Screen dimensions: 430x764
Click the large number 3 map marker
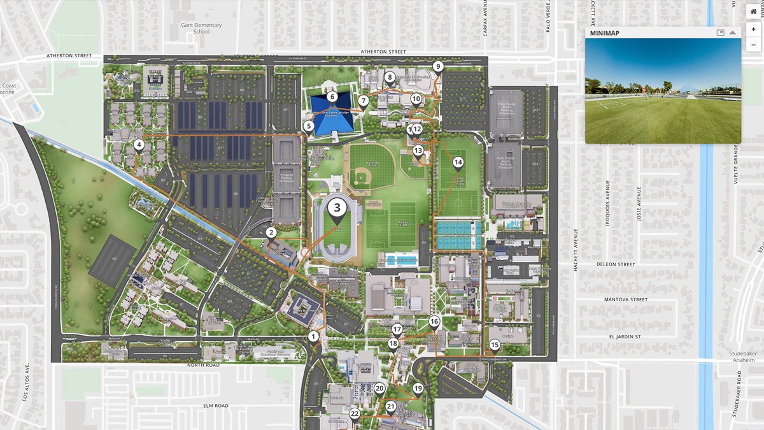(x=337, y=207)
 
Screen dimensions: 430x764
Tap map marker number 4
(x=139, y=145)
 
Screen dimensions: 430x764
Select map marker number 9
(x=437, y=67)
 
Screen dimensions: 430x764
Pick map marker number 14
(x=458, y=162)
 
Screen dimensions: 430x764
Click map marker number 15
(x=495, y=346)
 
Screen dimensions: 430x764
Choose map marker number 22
(x=355, y=414)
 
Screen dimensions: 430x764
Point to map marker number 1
(x=313, y=336)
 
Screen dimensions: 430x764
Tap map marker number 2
(x=271, y=233)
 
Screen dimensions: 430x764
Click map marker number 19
(x=418, y=389)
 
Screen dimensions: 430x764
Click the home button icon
(x=753, y=11)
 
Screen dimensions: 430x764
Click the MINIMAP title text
(x=604, y=32)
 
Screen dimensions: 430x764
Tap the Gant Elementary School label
(x=201, y=28)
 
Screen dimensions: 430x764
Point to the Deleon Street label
(x=616, y=264)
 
